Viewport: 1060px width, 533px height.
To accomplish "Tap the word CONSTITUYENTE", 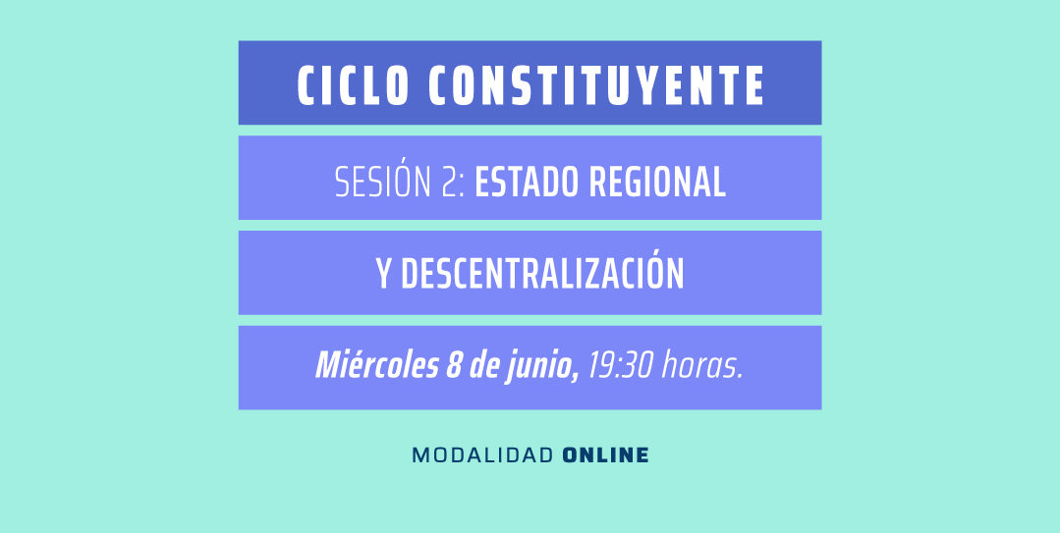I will click(595, 86).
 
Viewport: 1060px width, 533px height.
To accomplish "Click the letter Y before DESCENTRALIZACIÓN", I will click(384, 275).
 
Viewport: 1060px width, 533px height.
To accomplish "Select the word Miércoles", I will click(376, 367).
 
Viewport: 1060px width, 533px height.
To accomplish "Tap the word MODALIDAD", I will click(482, 455).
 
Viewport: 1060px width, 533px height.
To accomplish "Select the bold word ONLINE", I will click(606, 455).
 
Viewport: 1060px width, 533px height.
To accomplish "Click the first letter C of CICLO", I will click(306, 86).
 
